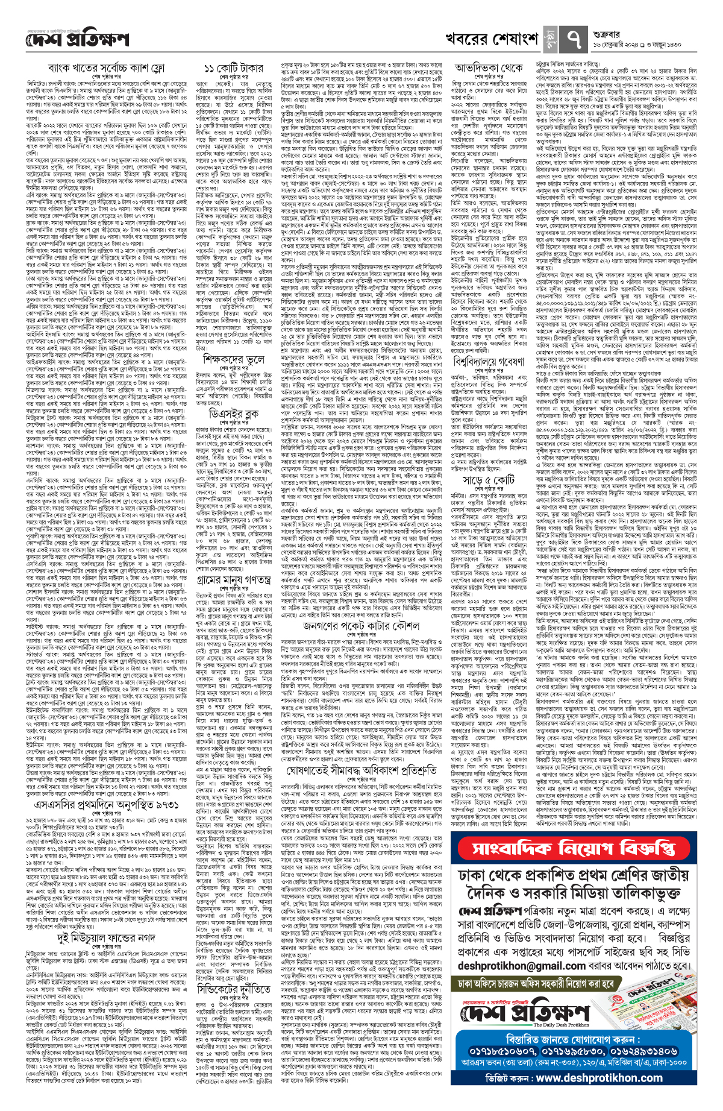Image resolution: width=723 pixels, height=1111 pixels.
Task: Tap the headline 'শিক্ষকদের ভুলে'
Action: click(234, 360)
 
